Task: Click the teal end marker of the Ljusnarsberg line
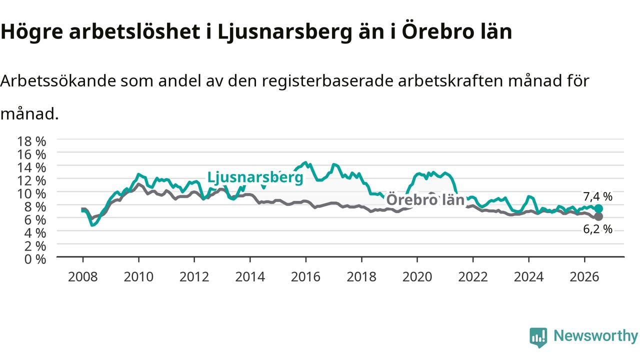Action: coord(598,208)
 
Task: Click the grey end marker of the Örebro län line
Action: coord(598,216)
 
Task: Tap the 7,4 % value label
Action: coord(597,196)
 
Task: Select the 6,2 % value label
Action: coord(597,229)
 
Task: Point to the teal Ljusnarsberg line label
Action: coord(255,177)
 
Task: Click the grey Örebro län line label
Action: coord(425,199)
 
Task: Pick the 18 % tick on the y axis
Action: coord(31,141)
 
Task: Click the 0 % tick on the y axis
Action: coord(35,259)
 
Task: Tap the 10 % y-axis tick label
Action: coord(31,194)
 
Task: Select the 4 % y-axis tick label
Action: coord(35,233)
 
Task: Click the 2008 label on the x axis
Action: coord(83,277)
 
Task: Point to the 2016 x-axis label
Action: coord(305,277)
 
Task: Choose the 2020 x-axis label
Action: coord(417,277)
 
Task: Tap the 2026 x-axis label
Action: coord(584,277)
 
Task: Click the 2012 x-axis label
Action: coord(194,277)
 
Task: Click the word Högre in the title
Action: coord(31,32)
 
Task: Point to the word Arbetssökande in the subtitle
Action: coord(58,80)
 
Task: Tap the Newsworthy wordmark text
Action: coord(595,335)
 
